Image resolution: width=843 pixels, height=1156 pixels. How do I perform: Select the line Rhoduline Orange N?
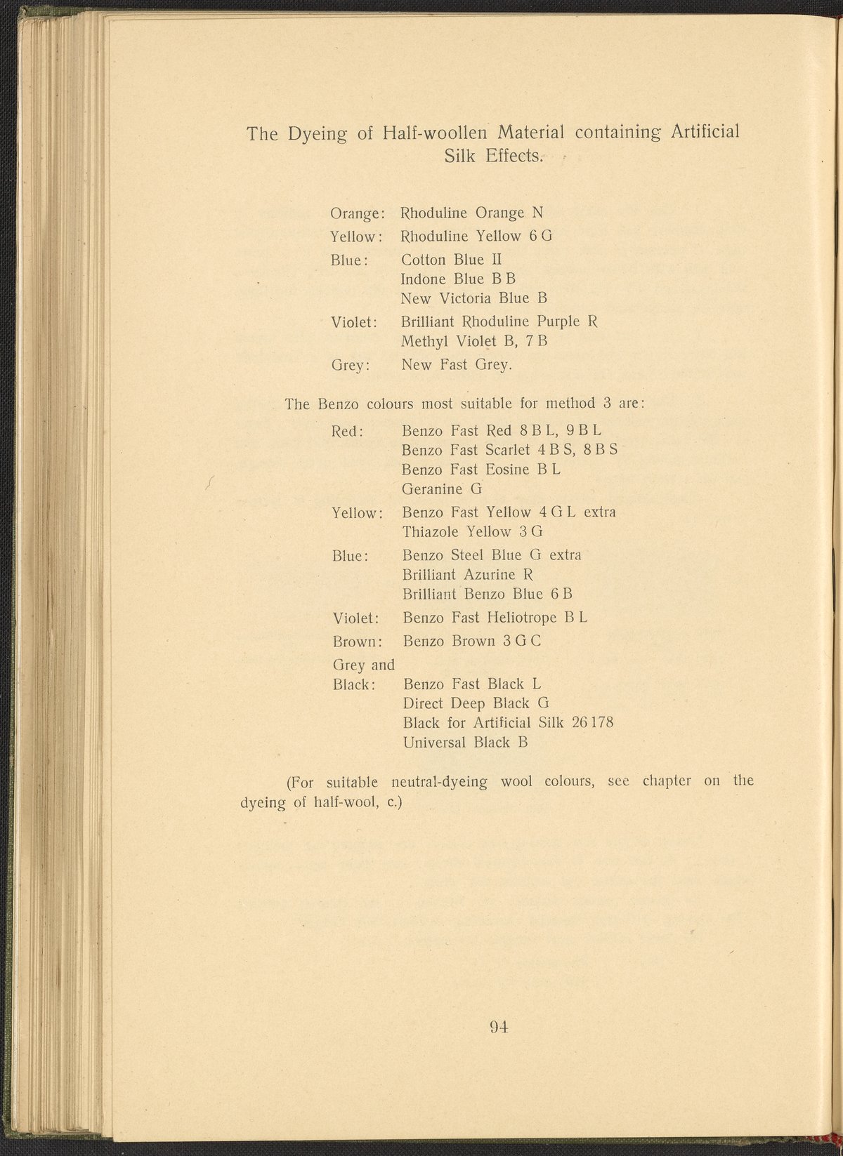[471, 213]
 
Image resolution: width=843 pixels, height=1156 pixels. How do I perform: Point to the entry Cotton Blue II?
[451, 260]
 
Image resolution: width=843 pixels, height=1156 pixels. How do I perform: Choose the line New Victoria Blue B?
[473, 298]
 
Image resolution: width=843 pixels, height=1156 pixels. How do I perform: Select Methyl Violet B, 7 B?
[474, 342]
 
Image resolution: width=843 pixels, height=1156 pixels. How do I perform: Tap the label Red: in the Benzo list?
[347, 430]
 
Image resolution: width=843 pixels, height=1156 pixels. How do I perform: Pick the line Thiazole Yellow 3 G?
[473, 531]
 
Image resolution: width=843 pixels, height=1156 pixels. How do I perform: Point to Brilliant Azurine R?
[469, 575]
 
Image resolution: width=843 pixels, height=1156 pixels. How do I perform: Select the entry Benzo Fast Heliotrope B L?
[495, 618]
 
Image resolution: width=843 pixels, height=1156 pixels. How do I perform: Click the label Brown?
[357, 642]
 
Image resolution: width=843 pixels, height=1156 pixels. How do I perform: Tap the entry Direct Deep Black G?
[476, 703]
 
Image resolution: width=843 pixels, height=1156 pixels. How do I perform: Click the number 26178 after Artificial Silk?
[593, 722]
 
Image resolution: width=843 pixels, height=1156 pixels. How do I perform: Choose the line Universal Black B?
[465, 742]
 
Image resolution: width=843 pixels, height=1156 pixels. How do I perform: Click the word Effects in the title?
[515, 156]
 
